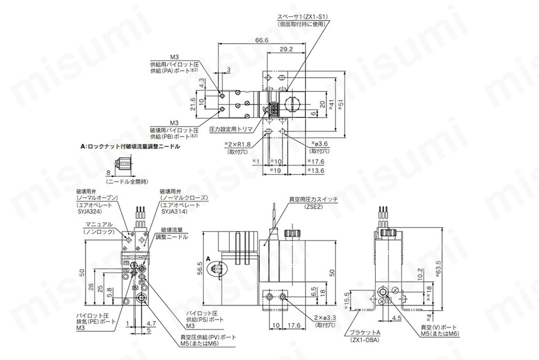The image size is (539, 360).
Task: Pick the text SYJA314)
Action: click(x=174, y=210)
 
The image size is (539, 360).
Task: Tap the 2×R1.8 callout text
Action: click(x=238, y=144)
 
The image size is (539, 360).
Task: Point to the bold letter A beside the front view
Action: click(x=208, y=259)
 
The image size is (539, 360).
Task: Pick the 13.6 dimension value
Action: click(x=316, y=171)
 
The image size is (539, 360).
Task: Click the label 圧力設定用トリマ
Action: click(x=230, y=129)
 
